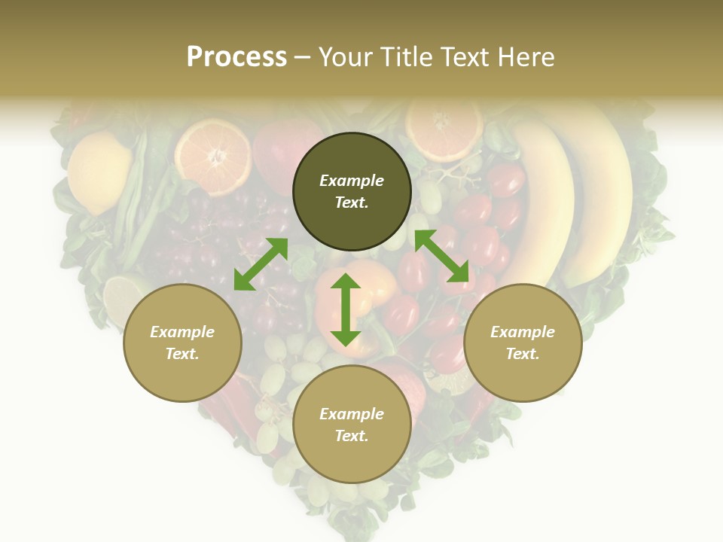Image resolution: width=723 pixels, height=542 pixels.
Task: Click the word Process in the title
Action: point(236,57)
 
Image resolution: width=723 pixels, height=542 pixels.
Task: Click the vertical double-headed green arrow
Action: point(346,309)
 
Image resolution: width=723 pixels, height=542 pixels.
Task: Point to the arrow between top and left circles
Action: point(261,264)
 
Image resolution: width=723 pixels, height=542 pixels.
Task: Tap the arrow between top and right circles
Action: point(442,256)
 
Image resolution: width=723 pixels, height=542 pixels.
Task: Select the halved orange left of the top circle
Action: point(213,157)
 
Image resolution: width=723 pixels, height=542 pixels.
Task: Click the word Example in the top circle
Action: point(352,181)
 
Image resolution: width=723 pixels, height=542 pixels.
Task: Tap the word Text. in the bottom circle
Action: point(352,436)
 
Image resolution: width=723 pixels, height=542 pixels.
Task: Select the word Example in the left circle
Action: point(182,332)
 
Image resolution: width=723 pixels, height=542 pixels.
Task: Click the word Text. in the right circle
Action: point(523,354)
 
